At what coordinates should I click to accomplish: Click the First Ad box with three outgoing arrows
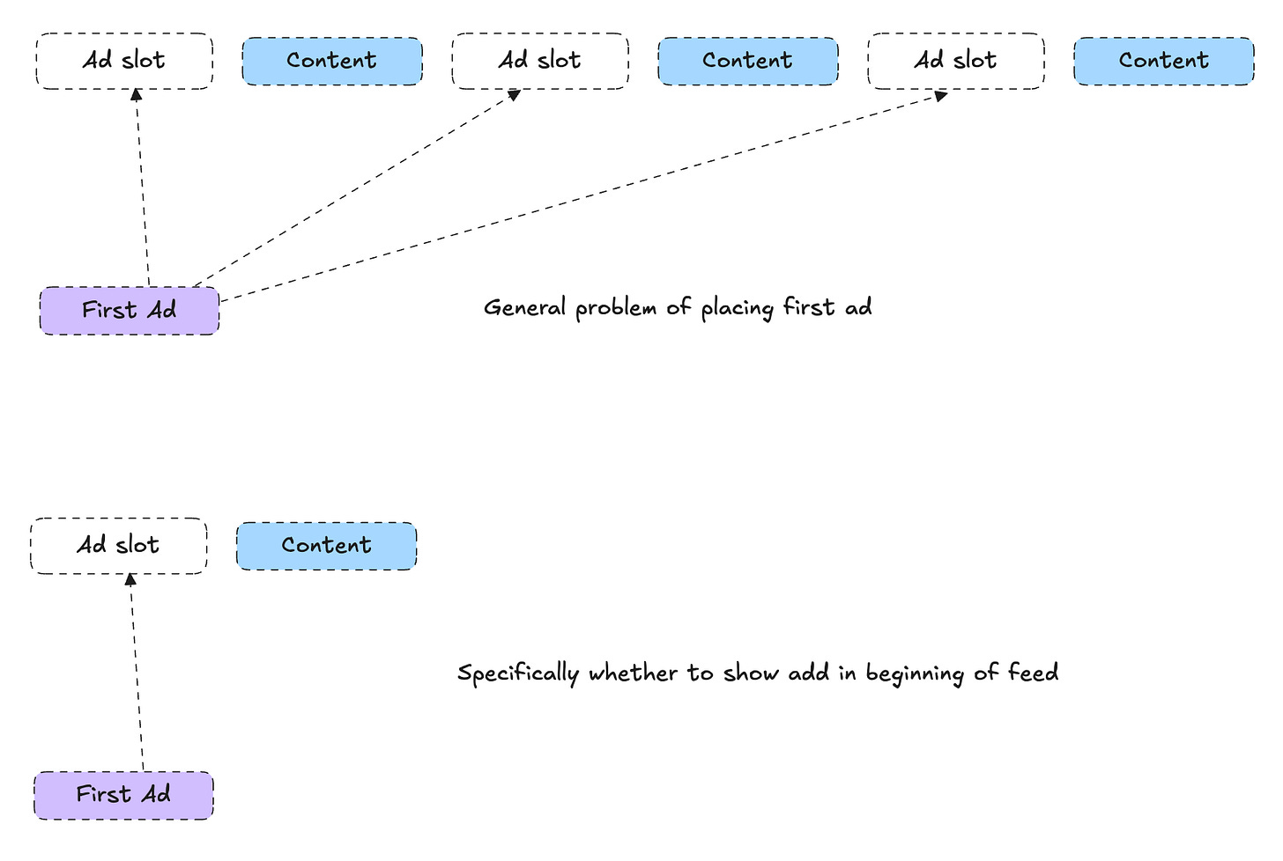(x=130, y=311)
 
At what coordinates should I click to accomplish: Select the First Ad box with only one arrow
(x=123, y=796)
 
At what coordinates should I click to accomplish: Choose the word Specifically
(x=518, y=674)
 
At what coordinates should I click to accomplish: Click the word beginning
(x=915, y=674)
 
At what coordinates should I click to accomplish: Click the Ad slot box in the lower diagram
(x=119, y=546)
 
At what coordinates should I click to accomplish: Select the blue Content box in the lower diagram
(x=326, y=546)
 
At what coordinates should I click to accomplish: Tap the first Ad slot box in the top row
(x=124, y=61)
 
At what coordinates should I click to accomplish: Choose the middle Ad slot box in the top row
(x=540, y=61)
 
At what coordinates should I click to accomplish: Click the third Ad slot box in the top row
(x=956, y=61)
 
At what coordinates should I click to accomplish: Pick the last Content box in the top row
(x=1163, y=61)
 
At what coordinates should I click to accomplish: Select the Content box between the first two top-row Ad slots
(x=332, y=61)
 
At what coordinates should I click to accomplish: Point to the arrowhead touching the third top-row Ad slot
(x=941, y=95)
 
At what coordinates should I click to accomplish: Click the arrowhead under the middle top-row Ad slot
(x=515, y=94)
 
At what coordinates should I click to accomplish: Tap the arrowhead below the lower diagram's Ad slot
(x=130, y=579)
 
